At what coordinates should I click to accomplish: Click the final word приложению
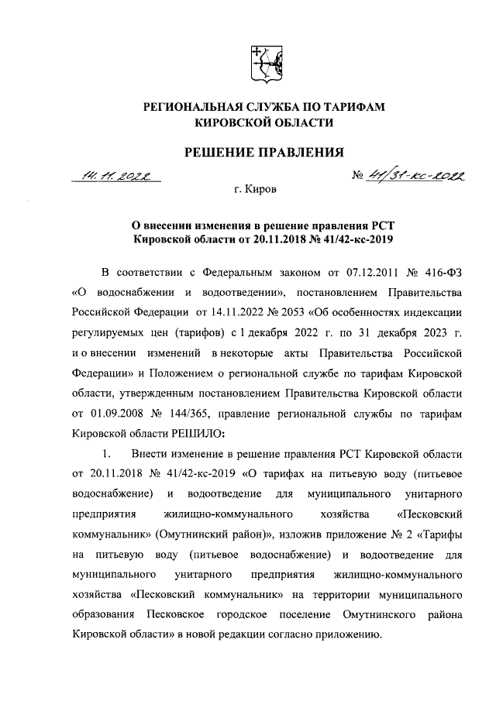point(346,634)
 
